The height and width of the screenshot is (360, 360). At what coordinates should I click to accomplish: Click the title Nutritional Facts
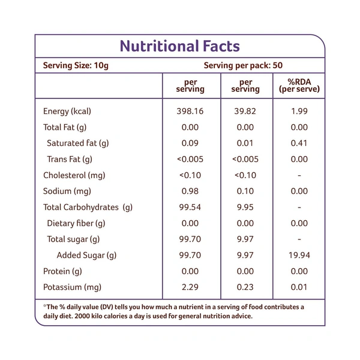tap(180, 46)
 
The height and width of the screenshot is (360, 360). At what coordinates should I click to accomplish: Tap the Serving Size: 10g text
tap(75, 65)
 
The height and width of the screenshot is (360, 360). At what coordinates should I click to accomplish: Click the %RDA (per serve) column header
tap(299, 85)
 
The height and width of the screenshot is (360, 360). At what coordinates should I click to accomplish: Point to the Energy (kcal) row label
tap(67, 112)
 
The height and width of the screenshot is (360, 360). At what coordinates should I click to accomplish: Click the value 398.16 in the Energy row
tap(190, 112)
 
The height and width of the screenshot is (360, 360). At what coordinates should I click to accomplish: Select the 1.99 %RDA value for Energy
tap(299, 112)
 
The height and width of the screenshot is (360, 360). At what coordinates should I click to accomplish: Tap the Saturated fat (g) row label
tap(77, 143)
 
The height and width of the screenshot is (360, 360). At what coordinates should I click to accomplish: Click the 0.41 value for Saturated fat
tap(299, 143)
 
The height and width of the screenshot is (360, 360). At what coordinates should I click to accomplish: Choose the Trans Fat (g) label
tap(70, 159)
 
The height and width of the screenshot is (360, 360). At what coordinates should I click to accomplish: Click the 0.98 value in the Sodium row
tap(190, 191)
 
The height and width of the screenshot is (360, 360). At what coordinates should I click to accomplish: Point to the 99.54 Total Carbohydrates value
tap(190, 208)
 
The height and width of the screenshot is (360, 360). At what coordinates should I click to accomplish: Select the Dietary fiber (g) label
tap(76, 223)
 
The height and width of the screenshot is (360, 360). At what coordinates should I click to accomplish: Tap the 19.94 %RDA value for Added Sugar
tap(299, 256)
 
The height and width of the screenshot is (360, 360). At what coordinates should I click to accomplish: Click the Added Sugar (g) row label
tap(86, 256)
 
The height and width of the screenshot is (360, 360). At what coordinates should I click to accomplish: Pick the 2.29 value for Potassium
tap(190, 287)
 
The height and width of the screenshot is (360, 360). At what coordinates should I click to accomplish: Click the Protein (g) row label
tap(62, 271)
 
